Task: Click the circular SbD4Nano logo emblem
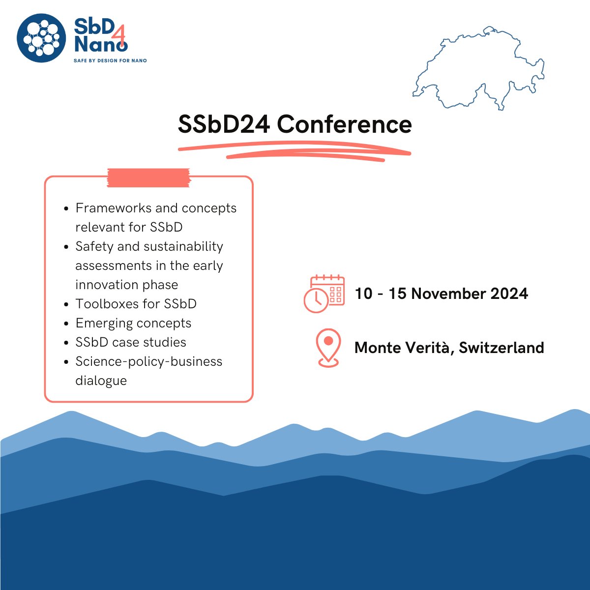pyautogui.click(x=41, y=38)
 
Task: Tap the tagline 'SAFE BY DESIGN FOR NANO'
pyautogui.click(x=110, y=60)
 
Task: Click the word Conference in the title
pyautogui.click(x=344, y=125)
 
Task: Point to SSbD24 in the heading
pyautogui.click(x=224, y=125)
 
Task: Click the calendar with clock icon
pyautogui.click(x=324, y=294)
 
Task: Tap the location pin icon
pyautogui.click(x=328, y=348)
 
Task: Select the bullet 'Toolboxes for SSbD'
pyautogui.click(x=136, y=304)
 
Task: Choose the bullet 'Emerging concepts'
pyautogui.click(x=133, y=323)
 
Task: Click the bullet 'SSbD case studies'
pyautogui.click(x=131, y=342)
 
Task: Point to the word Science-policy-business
pyautogui.click(x=148, y=361)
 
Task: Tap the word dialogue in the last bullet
pyautogui.click(x=101, y=381)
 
